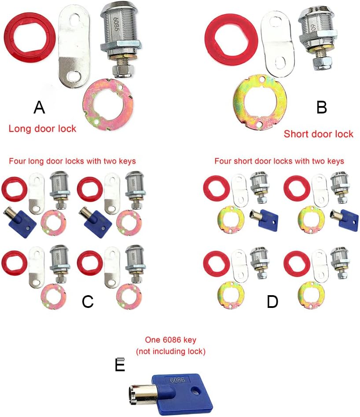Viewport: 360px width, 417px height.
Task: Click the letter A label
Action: [39, 107]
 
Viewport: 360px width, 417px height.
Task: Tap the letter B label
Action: [321, 107]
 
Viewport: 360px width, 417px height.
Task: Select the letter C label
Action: [88, 301]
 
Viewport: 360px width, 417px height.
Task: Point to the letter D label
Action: [272, 301]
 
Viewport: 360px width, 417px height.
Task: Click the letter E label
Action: [120, 365]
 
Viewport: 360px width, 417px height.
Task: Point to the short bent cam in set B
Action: [276, 44]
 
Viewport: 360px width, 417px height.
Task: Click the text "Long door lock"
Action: [42, 129]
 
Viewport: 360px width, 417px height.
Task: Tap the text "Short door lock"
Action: [318, 134]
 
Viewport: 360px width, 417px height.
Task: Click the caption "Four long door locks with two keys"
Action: [72, 161]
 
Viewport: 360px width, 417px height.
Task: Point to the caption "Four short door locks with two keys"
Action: [279, 161]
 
